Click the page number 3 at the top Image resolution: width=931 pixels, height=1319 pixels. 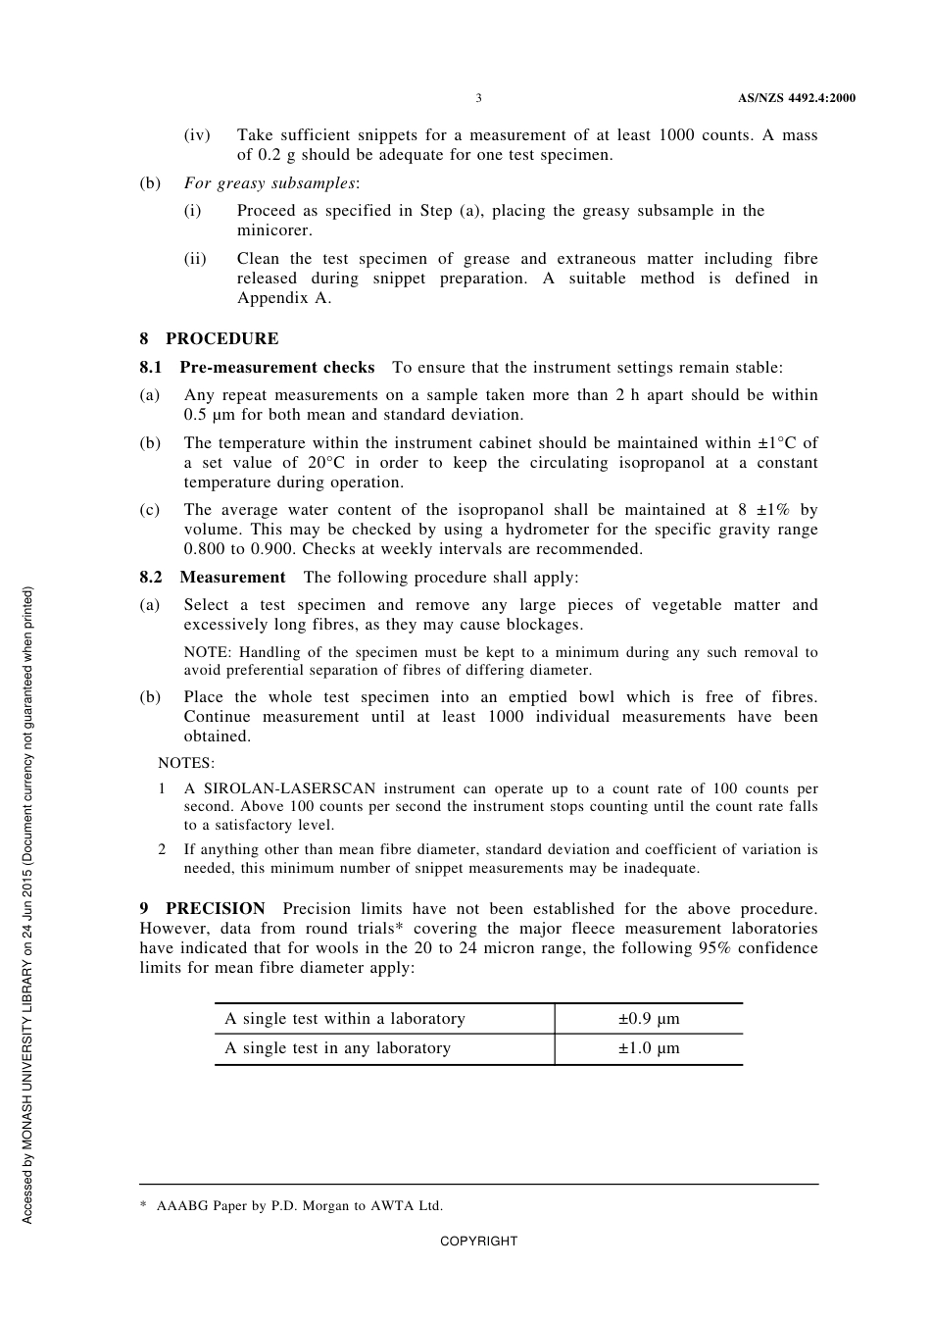coord(478,98)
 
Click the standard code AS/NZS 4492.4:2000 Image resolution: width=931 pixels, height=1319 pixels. coord(796,98)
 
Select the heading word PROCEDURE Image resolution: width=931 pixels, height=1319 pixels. coord(221,339)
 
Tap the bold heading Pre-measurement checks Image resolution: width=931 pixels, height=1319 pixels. coord(276,368)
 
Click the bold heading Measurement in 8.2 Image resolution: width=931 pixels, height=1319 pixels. coord(232,578)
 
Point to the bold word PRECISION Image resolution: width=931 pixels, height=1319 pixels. coord(215,909)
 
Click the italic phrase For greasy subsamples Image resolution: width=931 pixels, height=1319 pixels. coord(269,183)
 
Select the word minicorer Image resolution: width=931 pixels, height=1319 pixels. coord(273,230)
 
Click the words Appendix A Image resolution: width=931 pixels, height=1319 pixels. coord(283,298)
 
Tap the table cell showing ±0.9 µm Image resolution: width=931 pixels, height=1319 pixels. coord(648,1019)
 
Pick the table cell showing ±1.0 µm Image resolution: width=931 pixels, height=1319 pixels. coord(648,1048)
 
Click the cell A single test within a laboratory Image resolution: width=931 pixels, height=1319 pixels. coord(344,1019)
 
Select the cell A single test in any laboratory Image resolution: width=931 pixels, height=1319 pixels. coord(337,1048)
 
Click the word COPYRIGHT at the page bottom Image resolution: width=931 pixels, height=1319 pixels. coord(478,1242)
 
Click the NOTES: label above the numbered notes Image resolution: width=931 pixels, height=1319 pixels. coord(186,763)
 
